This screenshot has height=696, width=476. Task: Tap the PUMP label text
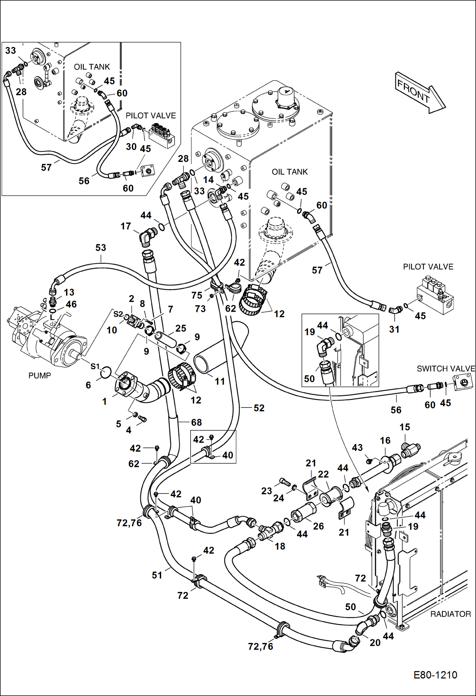[40, 375]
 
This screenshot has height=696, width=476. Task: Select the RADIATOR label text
[450, 614]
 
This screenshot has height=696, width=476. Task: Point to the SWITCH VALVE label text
[445, 368]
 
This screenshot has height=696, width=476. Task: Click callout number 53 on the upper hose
[101, 248]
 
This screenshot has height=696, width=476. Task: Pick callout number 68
[196, 422]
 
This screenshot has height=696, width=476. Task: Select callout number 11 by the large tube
[220, 381]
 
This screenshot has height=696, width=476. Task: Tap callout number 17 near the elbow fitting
[126, 226]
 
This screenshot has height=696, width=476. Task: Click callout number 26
[318, 526]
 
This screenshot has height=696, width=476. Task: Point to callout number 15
[405, 427]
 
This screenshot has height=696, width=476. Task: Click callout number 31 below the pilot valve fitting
[394, 329]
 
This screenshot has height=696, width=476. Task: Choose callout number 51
[157, 575]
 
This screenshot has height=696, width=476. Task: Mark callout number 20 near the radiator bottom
[375, 642]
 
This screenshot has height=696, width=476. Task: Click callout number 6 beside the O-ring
[88, 385]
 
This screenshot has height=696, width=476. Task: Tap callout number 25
[181, 328]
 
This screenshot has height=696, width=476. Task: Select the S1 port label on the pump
[95, 366]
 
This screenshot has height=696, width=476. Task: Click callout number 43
[357, 447]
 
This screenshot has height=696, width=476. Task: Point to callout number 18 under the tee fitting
[280, 546]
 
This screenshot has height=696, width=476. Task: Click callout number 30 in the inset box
[131, 147]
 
